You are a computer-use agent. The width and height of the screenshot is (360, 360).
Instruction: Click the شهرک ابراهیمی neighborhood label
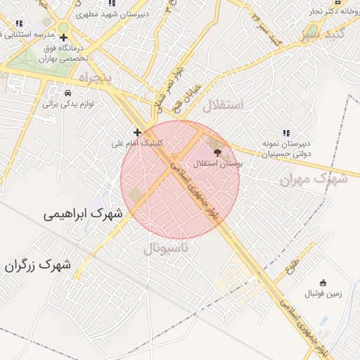click(x=82, y=212)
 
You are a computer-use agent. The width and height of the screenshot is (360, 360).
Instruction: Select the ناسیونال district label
click(x=166, y=248)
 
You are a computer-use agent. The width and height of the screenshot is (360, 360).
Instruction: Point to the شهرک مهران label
click(x=314, y=179)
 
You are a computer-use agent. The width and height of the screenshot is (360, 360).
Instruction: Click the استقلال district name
click(x=222, y=105)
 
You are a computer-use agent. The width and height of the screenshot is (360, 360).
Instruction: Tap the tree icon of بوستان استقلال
click(x=217, y=150)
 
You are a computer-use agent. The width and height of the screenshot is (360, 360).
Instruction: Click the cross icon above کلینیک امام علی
click(x=137, y=131)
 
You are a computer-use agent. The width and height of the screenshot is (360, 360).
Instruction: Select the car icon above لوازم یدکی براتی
click(x=67, y=93)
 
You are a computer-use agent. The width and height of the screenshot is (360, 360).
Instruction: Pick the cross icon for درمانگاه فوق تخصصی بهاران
click(x=63, y=37)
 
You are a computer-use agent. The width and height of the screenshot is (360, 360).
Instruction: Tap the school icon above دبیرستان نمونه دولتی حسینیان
click(x=285, y=132)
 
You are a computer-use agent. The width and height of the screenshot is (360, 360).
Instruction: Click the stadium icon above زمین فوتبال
click(x=323, y=283)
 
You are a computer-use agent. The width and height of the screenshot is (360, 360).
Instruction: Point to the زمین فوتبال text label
click(x=323, y=294)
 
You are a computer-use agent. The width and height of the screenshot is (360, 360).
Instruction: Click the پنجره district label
click(x=95, y=78)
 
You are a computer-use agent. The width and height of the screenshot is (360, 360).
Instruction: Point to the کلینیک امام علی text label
click(x=137, y=143)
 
